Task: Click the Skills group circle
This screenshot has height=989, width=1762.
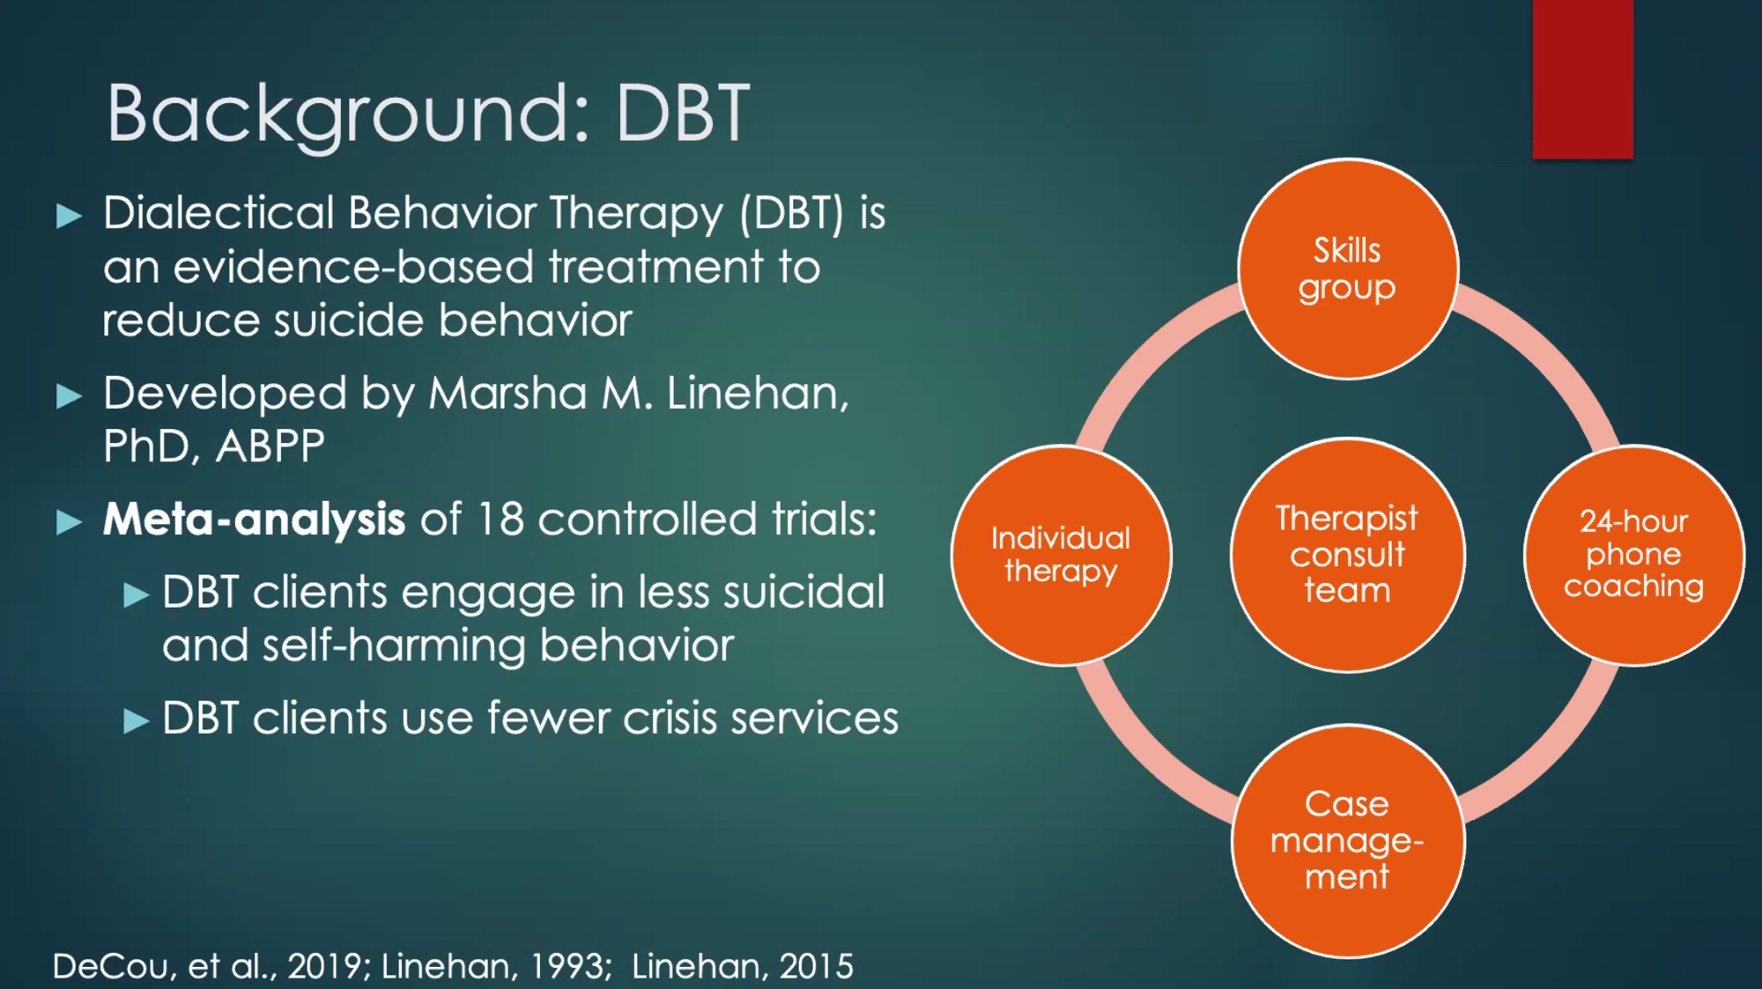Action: click(x=1347, y=269)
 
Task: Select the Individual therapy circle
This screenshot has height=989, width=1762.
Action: click(x=1061, y=555)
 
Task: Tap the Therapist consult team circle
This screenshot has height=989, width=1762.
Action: click(x=1347, y=555)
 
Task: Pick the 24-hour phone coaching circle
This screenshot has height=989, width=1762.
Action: click(x=1633, y=555)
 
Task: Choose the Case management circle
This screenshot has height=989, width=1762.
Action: click(x=1347, y=841)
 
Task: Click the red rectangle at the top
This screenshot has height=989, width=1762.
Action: click(x=1582, y=79)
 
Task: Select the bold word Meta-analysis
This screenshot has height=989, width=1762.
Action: click(x=254, y=519)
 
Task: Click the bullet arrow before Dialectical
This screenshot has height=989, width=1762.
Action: click(x=69, y=216)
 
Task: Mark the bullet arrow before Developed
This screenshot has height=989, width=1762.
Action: click(x=69, y=396)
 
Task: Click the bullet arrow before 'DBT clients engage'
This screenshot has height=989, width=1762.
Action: click(x=136, y=595)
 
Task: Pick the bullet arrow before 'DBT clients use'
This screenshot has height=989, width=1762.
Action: click(x=136, y=721)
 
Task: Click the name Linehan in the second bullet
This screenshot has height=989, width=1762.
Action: click(x=757, y=393)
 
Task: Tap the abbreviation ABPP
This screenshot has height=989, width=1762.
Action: click(x=270, y=447)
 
